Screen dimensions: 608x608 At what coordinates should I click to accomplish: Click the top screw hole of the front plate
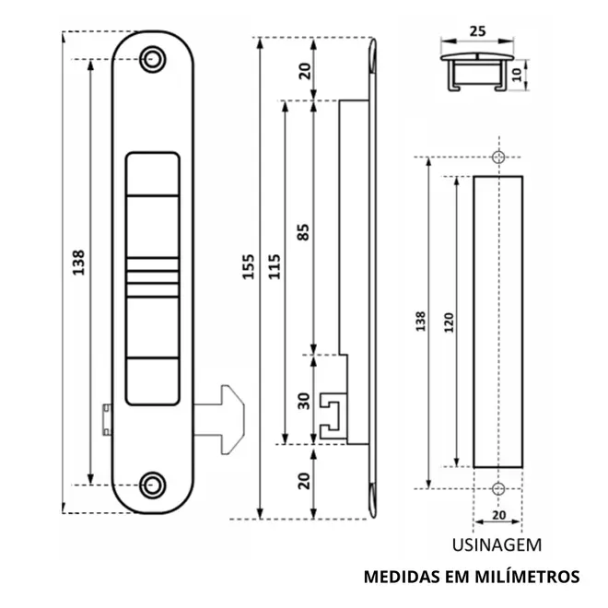tap(153, 59)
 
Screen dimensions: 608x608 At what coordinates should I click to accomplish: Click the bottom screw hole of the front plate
tap(153, 485)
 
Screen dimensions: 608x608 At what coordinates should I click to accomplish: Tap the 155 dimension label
tap(248, 266)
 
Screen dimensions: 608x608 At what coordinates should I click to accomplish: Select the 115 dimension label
tap(275, 266)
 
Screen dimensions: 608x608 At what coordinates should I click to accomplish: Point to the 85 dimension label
tap(304, 232)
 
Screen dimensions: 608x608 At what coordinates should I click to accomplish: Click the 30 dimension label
tap(304, 401)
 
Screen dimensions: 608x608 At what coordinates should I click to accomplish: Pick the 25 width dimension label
tap(477, 31)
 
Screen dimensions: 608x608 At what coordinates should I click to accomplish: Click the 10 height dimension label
tap(518, 75)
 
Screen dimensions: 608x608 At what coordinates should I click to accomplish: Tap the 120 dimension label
tap(449, 322)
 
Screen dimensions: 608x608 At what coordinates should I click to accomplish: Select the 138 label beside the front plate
tap(78, 263)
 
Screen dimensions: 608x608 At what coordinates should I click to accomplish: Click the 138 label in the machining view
tap(421, 321)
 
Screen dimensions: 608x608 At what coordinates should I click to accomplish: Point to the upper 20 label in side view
tap(305, 71)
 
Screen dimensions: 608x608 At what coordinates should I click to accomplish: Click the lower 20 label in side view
tap(305, 481)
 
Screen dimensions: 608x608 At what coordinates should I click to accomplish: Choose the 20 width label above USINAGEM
tap(499, 515)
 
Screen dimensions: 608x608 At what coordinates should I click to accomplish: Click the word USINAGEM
tap(497, 544)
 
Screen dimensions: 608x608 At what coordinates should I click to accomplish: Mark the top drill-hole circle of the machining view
tap(498, 157)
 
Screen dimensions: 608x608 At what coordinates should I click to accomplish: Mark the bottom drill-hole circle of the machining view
tap(498, 488)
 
